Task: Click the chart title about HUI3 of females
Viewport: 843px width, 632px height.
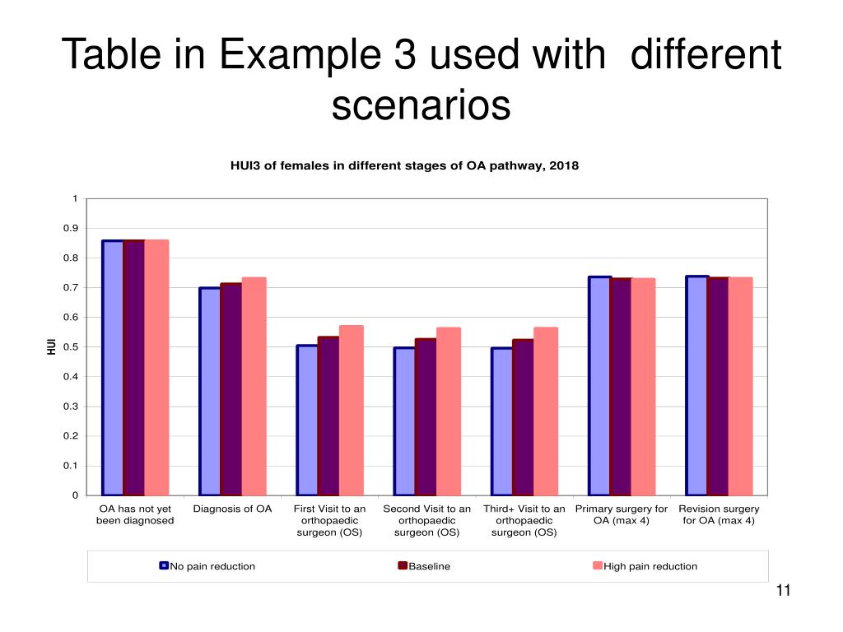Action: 403,165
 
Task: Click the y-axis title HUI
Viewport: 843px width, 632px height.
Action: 51,347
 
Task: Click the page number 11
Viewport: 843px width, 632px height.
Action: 782,590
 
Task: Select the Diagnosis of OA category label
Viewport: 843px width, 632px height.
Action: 232,509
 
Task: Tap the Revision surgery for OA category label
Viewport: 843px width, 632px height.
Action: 719,514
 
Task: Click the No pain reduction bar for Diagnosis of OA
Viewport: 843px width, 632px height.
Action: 210,391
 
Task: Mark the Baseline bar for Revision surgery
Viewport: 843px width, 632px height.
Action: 718,386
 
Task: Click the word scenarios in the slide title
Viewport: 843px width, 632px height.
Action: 421,105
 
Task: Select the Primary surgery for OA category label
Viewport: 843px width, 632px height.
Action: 622,514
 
